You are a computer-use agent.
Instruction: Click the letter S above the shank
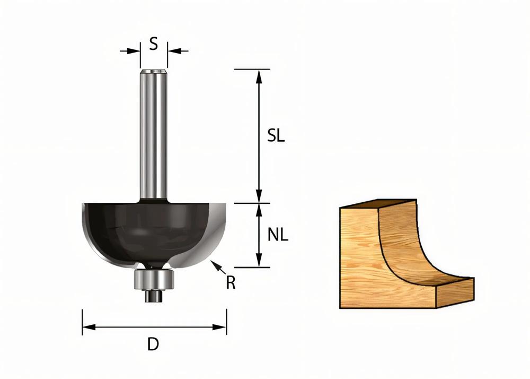coord(153,44)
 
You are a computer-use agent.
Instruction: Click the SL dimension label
coord(276,136)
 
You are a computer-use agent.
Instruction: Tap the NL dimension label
coord(278,235)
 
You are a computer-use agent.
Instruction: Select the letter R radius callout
coord(231,283)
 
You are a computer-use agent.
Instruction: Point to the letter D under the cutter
coord(153,344)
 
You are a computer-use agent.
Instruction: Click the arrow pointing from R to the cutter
coord(217,267)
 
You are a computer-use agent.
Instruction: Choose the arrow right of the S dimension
coord(177,51)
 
